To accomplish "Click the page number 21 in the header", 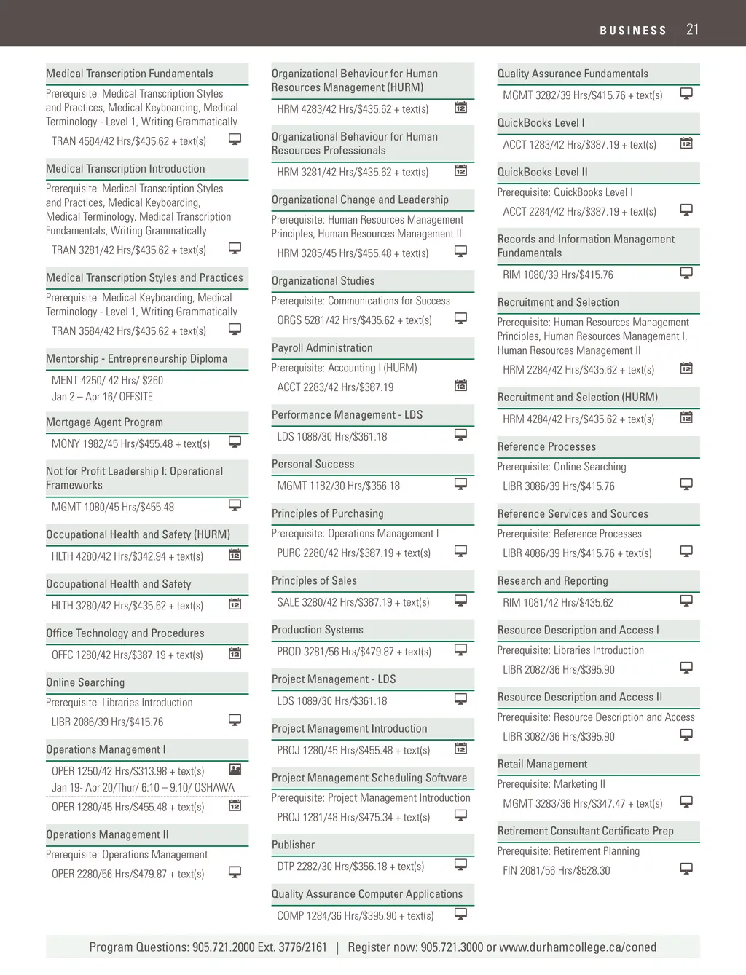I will (692, 30).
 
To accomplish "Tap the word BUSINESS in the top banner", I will (633, 31).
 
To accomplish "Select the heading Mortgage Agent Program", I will (104, 422).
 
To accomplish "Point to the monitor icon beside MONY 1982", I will (235, 441).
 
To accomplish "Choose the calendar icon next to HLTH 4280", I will (235, 555).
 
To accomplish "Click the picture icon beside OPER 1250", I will (235, 769).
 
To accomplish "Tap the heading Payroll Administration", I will (322, 348).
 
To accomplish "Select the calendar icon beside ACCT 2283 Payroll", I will (460, 385).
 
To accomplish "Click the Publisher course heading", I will (293, 845).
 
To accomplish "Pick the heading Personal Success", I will (313, 464).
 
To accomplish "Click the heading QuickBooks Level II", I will (542, 173).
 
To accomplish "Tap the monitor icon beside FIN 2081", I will (686, 868).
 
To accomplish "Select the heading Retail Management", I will (542, 765).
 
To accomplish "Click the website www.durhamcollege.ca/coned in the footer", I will (578, 947).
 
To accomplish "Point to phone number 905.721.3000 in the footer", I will (452, 947).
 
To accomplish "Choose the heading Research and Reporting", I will (552, 581).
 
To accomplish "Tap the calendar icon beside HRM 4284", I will (686, 417).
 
